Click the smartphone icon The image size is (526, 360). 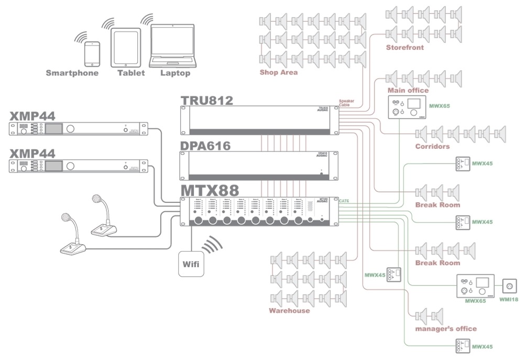point(93,54)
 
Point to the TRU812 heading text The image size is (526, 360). point(207,100)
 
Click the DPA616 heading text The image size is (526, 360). point(205,146)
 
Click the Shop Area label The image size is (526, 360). point(278,72)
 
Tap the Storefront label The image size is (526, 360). point(404,47)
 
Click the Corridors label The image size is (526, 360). point(432,146)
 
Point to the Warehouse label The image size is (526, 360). point(289,311)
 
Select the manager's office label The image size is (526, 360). point(445,329)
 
